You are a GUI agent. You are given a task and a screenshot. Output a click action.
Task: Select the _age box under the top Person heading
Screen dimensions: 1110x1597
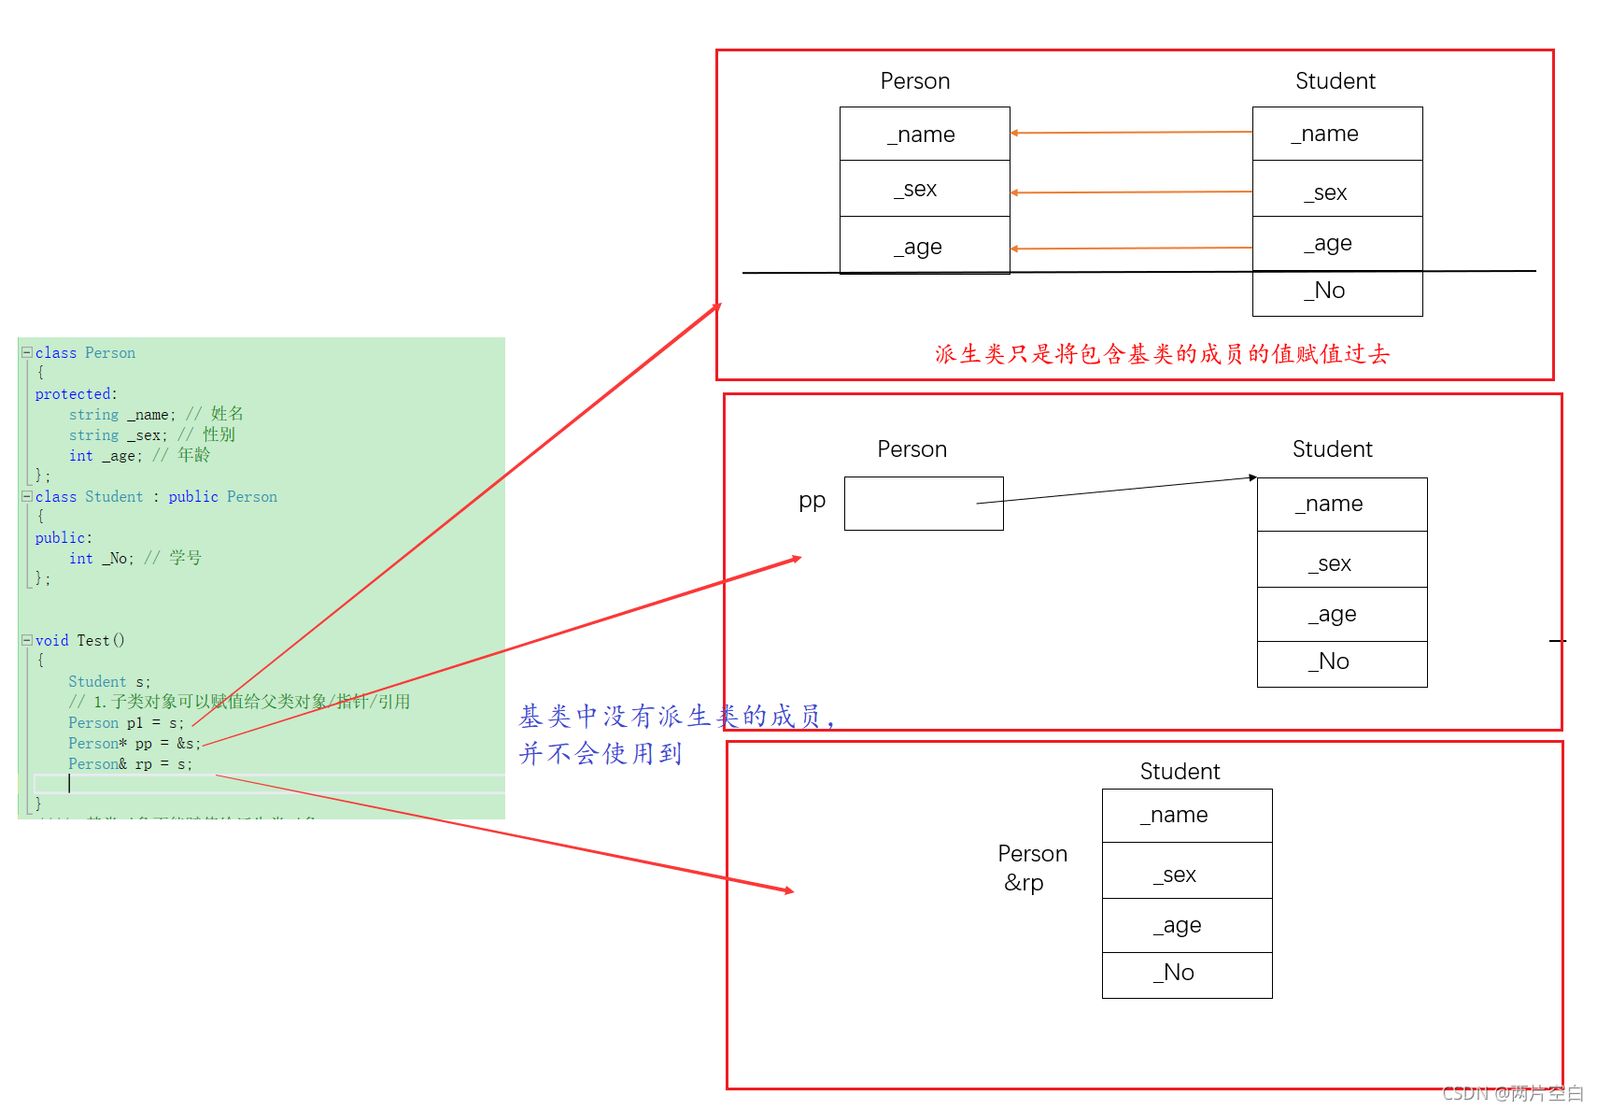(x=924, y=246)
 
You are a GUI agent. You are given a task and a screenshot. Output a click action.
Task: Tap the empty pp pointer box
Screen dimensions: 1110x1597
(x=923, y=504)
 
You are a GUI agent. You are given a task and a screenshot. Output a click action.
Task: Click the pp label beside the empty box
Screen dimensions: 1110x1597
(x=812, y=501)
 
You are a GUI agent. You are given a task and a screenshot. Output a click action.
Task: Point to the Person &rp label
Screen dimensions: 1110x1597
(x=1031, y=868)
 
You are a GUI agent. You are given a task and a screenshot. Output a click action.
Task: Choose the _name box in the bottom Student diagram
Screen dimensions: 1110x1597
(x=1186, y=816)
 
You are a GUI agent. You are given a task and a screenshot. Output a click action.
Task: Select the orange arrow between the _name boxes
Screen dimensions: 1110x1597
(x=1131, y=133)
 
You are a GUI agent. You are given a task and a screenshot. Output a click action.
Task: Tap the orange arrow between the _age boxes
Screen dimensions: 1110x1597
(x=1131, y=249)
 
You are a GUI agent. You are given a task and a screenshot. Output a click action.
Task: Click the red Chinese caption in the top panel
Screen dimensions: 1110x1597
(x=1162, y=354)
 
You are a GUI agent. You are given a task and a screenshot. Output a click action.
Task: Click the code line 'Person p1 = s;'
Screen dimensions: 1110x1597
(x=126, y=723)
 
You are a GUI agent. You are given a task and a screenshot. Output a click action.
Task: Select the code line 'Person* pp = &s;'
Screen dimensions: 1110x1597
(x=134, y=744)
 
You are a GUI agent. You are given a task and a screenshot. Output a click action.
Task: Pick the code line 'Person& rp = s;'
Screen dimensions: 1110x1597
(x=130, y=764)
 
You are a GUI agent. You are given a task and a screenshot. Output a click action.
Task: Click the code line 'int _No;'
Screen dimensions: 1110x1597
(x=102, y=559)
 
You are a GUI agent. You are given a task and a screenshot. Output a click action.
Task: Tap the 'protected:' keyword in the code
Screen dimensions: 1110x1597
(x=76, y=394)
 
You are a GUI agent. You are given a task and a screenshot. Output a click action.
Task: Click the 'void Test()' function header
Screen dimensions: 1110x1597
(x=79, y=641)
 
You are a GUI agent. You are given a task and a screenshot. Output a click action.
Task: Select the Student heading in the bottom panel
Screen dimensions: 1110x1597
(x=1180, y=772)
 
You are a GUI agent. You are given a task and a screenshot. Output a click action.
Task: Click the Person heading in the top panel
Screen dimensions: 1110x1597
(x=914, y=81)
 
